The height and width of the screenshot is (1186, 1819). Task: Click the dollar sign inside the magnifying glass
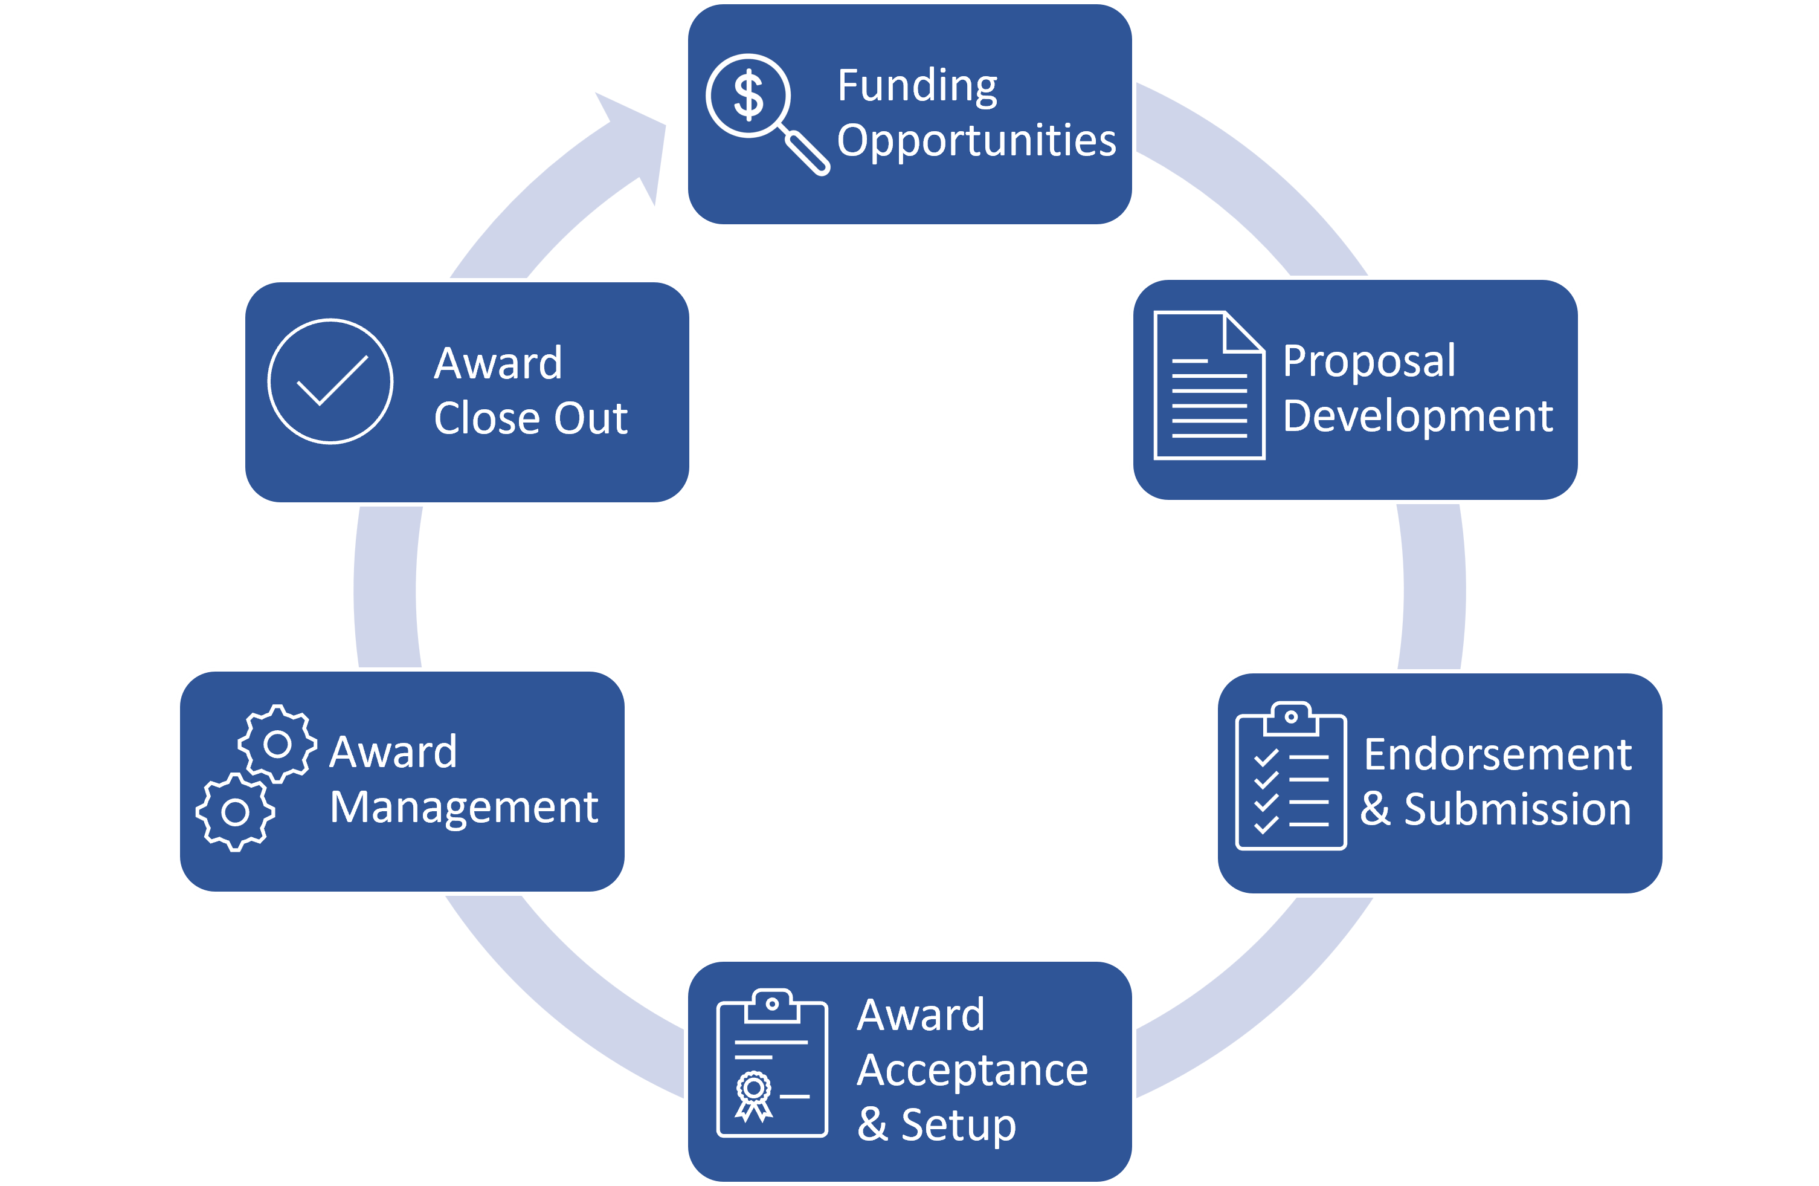747,96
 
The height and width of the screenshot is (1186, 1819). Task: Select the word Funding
917,86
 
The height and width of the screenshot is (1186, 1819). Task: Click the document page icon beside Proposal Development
1208,386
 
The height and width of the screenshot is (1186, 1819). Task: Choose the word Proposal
1369,361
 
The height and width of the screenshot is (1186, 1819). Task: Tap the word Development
1418,416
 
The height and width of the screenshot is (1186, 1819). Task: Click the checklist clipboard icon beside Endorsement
1291,777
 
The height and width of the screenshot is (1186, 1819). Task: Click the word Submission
1517,810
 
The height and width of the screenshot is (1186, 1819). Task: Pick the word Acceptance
972,1071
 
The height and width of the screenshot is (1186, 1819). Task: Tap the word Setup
958,1126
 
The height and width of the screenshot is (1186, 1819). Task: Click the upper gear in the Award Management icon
277,744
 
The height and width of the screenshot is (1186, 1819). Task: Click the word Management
464,808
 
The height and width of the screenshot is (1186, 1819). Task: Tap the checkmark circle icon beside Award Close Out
330,381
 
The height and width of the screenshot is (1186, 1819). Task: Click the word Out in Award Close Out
590,419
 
